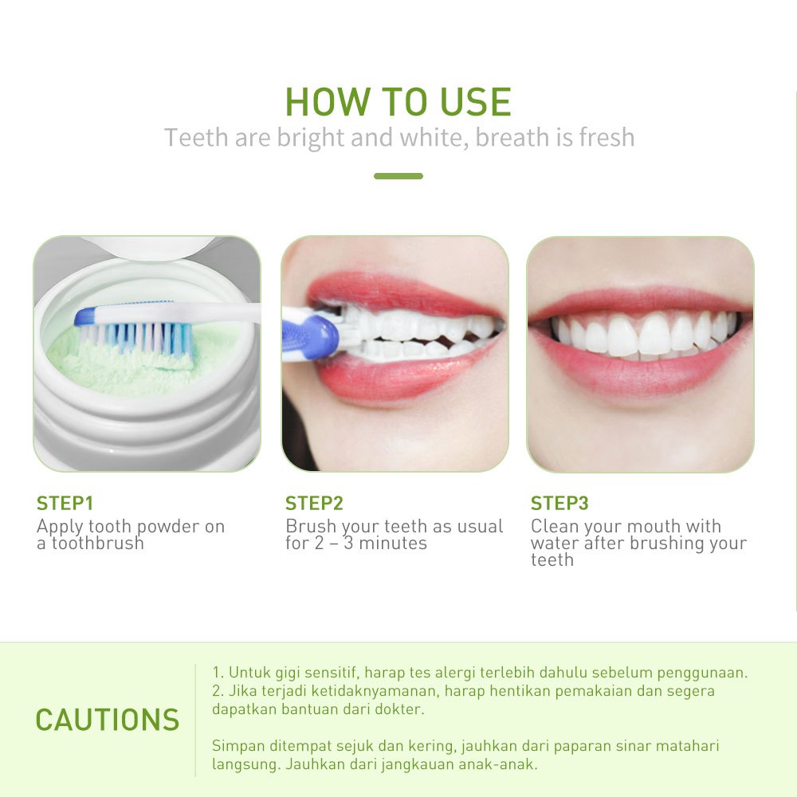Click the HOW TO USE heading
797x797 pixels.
click(398, 102)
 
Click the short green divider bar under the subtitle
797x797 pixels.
click(398, 176)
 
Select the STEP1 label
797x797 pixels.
click(65, 503)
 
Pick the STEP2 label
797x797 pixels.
click(314, 503)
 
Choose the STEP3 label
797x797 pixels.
click(559, 503)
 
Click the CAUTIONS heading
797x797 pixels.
click(108, 720)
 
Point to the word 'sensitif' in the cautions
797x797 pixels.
click(331, 673)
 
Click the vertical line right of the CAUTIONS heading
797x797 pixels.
click(195, 720)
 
